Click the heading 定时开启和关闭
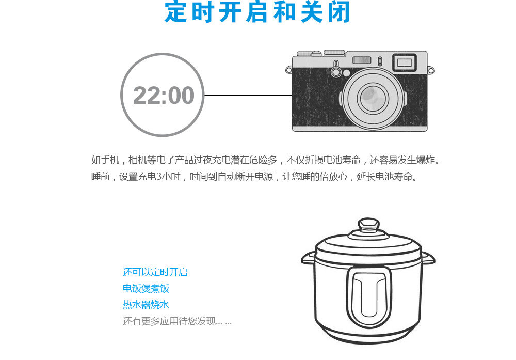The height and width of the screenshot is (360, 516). point(257,12)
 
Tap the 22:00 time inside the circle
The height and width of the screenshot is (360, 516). point(163,96)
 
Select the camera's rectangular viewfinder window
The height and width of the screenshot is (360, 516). point(404,62)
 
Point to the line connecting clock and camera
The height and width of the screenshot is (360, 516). point(248,96)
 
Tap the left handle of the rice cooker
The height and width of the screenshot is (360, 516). point(309,257)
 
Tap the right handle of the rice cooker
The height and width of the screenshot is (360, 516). point(428,257)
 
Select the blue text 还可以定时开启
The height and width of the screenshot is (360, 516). point(155,272)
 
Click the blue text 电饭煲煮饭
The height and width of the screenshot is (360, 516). point(146,288)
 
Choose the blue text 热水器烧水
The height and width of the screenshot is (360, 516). point(146,305)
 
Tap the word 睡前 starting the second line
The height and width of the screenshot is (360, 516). point(101,177)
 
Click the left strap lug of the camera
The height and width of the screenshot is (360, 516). point(289,70)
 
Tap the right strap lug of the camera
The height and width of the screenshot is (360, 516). point(431,70)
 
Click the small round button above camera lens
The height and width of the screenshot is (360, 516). point(336,64)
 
